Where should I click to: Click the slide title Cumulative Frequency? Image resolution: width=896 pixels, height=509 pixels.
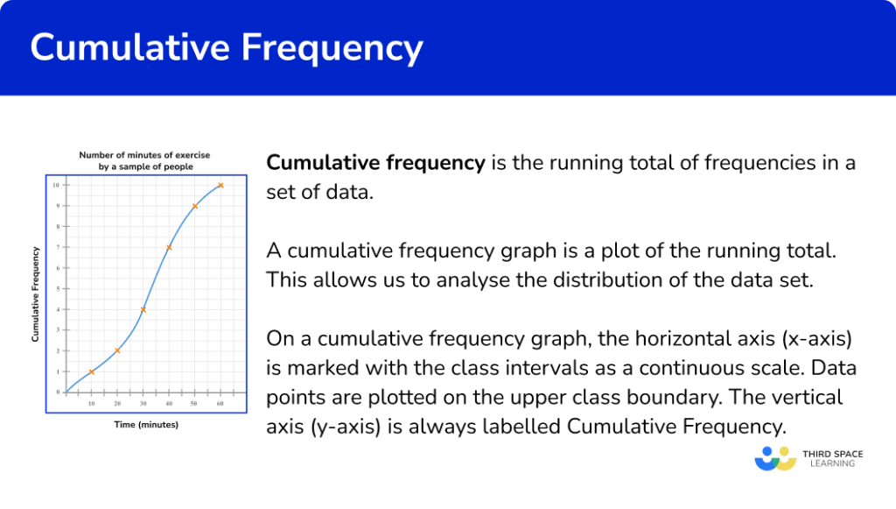pos(227,47)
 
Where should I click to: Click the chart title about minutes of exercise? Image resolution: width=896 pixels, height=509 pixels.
pos(144,160)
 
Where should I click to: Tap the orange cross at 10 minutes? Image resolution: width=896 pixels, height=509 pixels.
pos(91,371)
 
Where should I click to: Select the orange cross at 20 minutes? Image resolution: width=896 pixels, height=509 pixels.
pos(117,350)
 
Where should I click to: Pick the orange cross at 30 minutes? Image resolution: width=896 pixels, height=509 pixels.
pos(143,309)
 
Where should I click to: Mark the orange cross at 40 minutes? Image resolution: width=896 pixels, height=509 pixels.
pos(169,247)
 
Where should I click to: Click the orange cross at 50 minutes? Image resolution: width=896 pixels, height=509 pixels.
pos(195,206)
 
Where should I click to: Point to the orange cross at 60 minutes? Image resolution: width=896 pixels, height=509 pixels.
pos(220,185)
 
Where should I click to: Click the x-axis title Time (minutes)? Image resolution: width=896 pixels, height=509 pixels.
pos(145,425)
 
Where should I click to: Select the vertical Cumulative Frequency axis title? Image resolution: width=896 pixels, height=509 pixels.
pos(35,294)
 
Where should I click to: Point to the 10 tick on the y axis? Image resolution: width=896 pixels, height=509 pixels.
pos(56,185)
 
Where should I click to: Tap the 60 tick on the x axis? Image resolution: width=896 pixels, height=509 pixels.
pos(220,403)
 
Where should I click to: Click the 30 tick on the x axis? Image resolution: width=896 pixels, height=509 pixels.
pos(143,403)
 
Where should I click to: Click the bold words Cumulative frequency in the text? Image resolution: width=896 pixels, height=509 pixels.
pos(375,162)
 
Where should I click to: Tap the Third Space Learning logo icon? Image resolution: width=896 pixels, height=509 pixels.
pos(774,458)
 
